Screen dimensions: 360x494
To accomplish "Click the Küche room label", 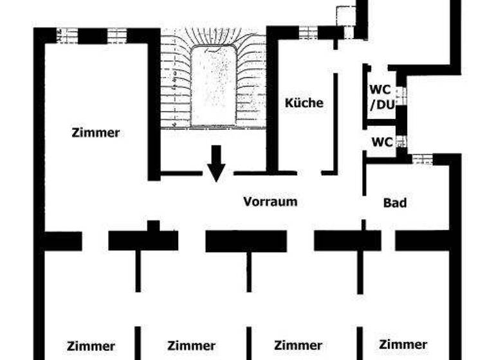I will tap(304, 102).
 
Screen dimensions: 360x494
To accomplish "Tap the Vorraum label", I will tap(270, 201).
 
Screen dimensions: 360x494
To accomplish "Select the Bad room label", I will tap(395, 203).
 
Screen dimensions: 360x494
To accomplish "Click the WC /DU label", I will tap(381, 96).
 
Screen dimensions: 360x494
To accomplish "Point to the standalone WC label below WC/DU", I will tap(381, 142).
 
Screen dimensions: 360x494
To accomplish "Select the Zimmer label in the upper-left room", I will tap(96, 133).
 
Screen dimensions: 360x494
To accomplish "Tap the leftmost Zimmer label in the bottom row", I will tap(91, 346).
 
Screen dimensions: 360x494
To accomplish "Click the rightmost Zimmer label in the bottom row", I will tap(403, 345).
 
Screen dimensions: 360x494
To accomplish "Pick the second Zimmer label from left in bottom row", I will tap(191, 346).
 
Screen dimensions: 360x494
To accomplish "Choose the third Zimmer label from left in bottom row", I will tap(298, 346).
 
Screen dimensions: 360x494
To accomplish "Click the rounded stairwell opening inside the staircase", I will tap(214, 86).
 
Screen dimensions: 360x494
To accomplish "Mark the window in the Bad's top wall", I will tap(422, 159).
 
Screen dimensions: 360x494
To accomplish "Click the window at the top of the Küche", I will tap(307, 32).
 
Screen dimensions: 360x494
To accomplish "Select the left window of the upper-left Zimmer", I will tap(66, 35).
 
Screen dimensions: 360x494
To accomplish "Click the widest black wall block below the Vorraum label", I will tap(246, 241).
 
